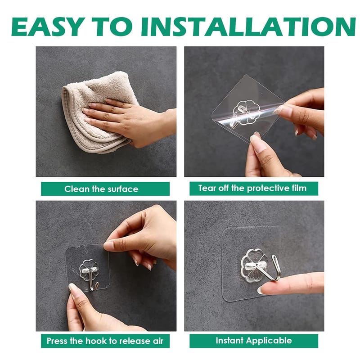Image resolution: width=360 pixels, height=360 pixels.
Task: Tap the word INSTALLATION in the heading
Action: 248,27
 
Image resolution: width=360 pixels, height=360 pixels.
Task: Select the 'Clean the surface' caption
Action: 101,189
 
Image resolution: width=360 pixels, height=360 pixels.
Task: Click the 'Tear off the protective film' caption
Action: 252,188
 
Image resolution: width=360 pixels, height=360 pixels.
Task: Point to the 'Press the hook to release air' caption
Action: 105,341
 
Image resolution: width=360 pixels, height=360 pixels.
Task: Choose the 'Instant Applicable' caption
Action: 254,341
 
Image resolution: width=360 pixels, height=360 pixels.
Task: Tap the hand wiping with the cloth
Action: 129,121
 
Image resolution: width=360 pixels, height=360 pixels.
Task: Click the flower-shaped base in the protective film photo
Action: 246,112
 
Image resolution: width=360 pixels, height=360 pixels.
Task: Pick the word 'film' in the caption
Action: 299,188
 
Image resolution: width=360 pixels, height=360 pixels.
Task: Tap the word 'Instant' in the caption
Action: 229,341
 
